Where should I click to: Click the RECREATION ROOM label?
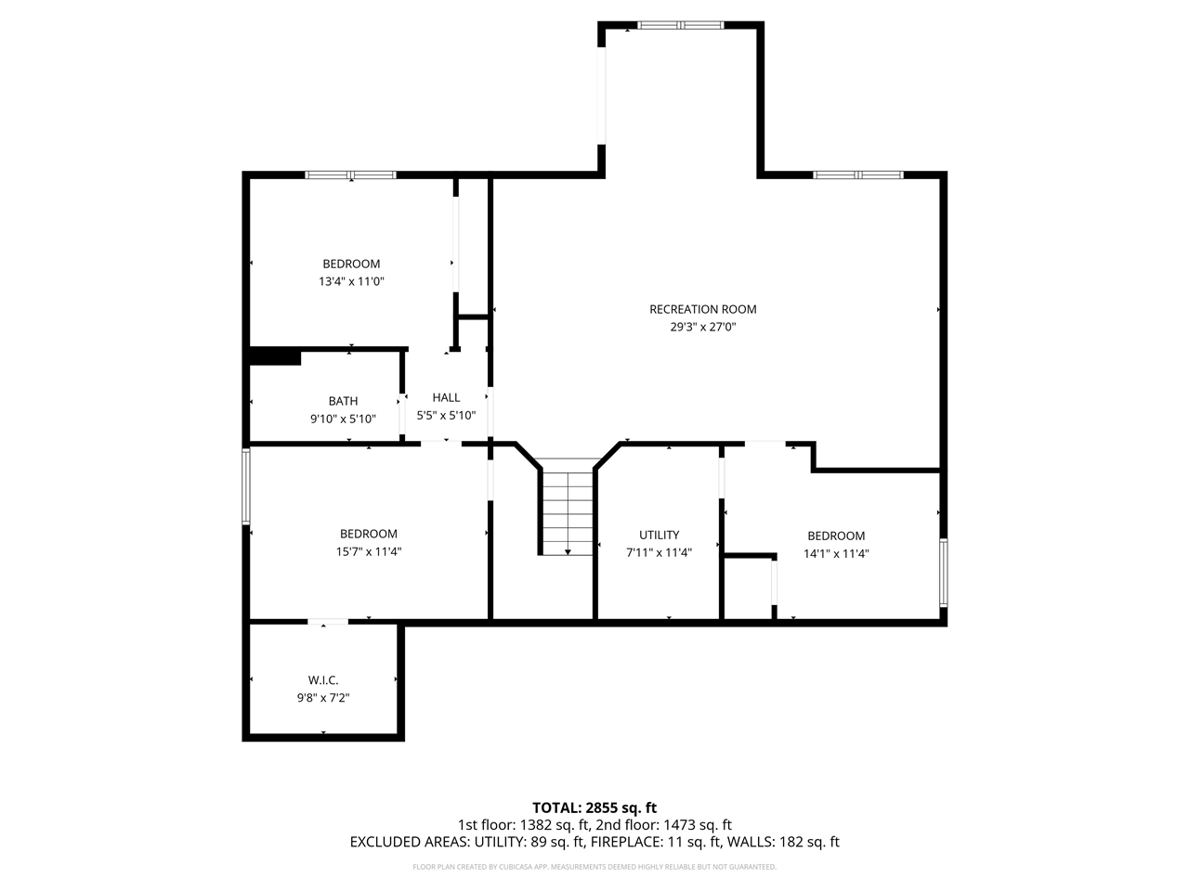pos(702,309)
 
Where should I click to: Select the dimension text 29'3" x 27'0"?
pos(702,327)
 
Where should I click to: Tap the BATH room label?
pos(343,401)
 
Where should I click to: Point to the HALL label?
pos(446,397)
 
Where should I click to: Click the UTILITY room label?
pos(659,535)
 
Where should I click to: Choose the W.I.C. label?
pos(323,680)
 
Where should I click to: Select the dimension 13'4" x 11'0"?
pos(351,281)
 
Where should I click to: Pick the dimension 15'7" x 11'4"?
pos(369,551)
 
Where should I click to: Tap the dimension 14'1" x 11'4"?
pos(836,553)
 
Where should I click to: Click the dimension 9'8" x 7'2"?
pos(323,698)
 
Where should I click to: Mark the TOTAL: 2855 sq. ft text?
pos(594,807)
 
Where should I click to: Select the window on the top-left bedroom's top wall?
pos(351,174)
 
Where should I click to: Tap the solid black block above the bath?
pos(275,357)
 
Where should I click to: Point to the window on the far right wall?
pos(943,573)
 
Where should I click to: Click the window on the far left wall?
pos(246,486)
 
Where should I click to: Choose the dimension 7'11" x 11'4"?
pos(659,552)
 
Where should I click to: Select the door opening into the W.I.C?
pos(328,621)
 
